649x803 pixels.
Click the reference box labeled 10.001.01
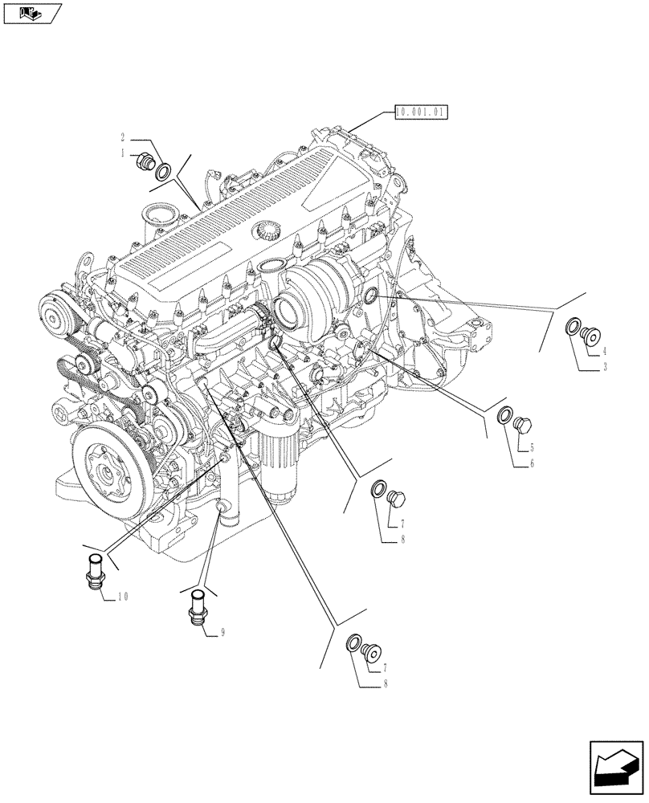(x=420, y=112)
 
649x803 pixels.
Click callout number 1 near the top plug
(x=123, y=153)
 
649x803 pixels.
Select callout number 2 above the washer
(x=123, y=137)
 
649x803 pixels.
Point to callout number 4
(x=603, y=351)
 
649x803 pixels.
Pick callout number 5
(x=532, y=447)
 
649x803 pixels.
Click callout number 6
(x=532, y=463)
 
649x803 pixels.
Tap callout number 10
(x=123, y=596)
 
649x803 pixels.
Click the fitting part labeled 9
(x=198, y=606)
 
